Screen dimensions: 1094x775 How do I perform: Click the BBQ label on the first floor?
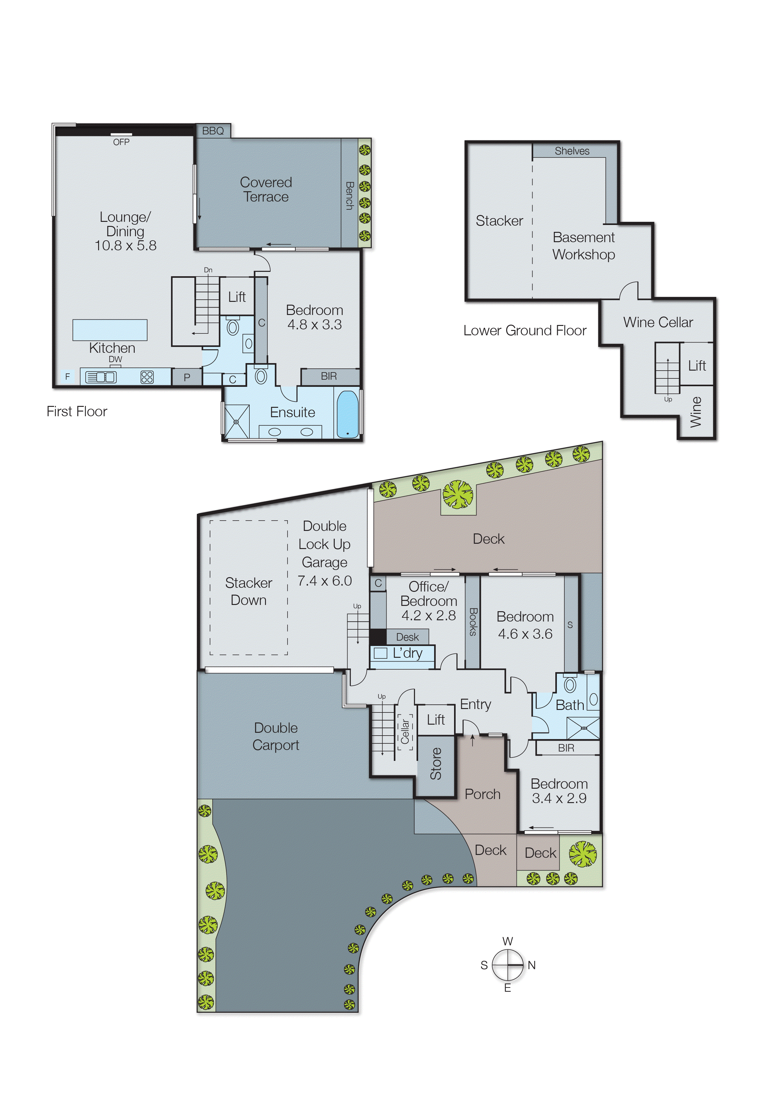click(x=213, y=131)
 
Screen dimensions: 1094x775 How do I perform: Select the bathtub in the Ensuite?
click(x=347, y=414)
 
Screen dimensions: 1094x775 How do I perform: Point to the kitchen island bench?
click(x=110, y=330)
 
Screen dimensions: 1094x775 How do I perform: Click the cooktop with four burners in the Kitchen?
click(x=147, y=377)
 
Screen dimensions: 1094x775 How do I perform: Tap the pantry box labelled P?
click(x=187, y=377)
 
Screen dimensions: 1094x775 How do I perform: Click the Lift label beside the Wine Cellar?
click(x=697, y=366)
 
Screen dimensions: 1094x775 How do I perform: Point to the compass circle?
click(x=508, y=965)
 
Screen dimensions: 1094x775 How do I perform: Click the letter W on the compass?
click(x=508, y=941)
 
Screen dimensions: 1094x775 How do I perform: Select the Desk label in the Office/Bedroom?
click(x=407, y=637)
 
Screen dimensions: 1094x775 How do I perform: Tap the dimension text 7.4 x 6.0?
click(x=324, y=581)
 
